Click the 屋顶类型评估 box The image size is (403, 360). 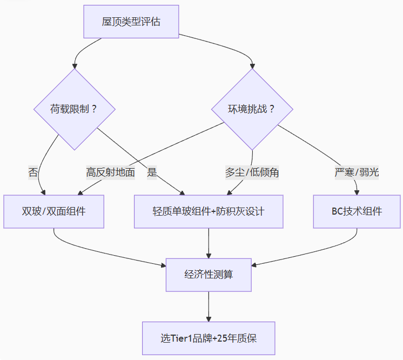coord(131,22)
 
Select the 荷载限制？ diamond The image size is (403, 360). coord(74,109)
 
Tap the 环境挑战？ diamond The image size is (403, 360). coord(252,109)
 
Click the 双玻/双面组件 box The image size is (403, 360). coord(54,211)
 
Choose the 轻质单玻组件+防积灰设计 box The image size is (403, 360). coord(209,211)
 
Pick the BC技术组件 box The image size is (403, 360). coord(357,211)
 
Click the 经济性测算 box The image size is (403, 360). coord(209,274)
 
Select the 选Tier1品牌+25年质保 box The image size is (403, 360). coord(209,338)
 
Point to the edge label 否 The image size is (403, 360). coord(33,173)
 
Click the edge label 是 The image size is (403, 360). coord(152,173)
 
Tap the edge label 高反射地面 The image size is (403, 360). coord(110,173)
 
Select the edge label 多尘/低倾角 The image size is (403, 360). coord(252,173)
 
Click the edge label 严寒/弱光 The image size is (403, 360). coord(357,173)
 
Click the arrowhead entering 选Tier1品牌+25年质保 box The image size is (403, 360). coord(209,319)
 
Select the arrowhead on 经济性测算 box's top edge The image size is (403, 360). coord(209,255)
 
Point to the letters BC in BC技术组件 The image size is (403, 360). coord(337,211)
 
